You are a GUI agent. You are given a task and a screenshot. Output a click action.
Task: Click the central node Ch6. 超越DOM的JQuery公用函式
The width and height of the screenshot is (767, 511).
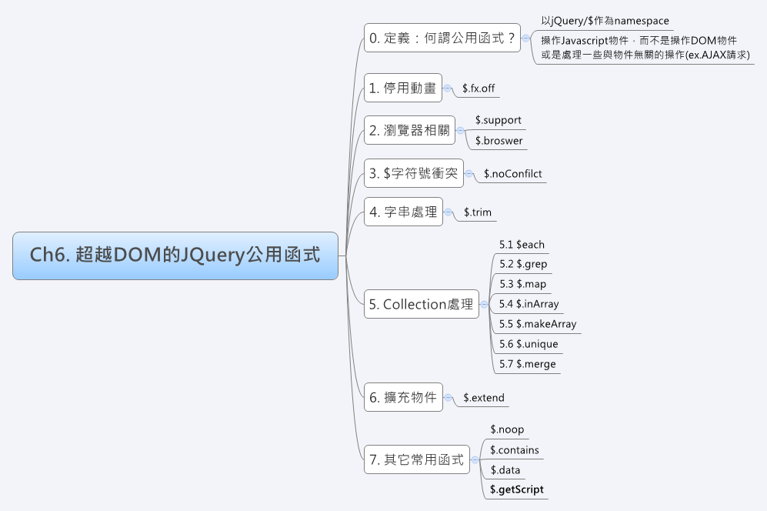[x=175, y=255]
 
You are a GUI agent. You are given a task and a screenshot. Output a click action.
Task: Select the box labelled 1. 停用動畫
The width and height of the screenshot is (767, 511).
[x=403, y=89]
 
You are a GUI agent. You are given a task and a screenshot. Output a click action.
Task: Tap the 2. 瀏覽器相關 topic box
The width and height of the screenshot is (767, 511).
[x=409, y=130]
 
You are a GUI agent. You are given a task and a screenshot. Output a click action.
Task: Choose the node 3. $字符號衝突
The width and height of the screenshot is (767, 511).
[x=413, y=173]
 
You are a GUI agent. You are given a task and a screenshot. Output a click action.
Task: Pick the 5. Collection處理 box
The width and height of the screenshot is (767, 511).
[x=421, y=304]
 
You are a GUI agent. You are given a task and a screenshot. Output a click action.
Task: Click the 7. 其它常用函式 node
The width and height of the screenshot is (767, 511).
[x=416, y=459]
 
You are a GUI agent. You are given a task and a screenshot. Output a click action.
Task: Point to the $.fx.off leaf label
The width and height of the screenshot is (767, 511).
[x=479, y=89]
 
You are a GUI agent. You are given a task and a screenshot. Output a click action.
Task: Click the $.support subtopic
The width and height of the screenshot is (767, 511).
[x=498, y=120]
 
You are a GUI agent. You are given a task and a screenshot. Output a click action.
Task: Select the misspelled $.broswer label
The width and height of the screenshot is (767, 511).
[x=499, y=141]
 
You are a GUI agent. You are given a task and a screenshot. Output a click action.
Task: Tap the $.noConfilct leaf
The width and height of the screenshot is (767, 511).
[x=513, y=174]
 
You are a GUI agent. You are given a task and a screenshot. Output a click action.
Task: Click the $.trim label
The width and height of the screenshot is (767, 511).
[x=478, y=212]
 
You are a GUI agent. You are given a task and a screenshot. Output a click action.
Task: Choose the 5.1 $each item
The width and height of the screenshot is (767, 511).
[x=522, y=245]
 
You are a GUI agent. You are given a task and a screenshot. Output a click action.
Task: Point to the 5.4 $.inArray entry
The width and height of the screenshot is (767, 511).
[x=529, y=304]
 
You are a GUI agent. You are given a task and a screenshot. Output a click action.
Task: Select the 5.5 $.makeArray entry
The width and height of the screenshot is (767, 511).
[x=537, y=324]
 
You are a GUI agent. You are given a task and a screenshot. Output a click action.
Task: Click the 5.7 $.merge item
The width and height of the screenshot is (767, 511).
[x=527, y=364]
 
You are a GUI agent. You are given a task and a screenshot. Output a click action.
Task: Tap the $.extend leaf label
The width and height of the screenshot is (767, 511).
[x=484, y=398]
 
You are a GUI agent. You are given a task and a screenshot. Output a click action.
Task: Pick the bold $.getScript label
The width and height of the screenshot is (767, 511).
[x=516, y=489]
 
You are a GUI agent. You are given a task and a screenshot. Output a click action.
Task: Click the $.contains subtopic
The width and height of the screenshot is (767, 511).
[x=514, y=450]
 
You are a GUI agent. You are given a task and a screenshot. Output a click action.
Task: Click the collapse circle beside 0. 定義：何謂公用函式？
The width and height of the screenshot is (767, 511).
[x=525, y=37]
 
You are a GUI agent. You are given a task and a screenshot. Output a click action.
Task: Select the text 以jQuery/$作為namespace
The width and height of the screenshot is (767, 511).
[x=605, y=21]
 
